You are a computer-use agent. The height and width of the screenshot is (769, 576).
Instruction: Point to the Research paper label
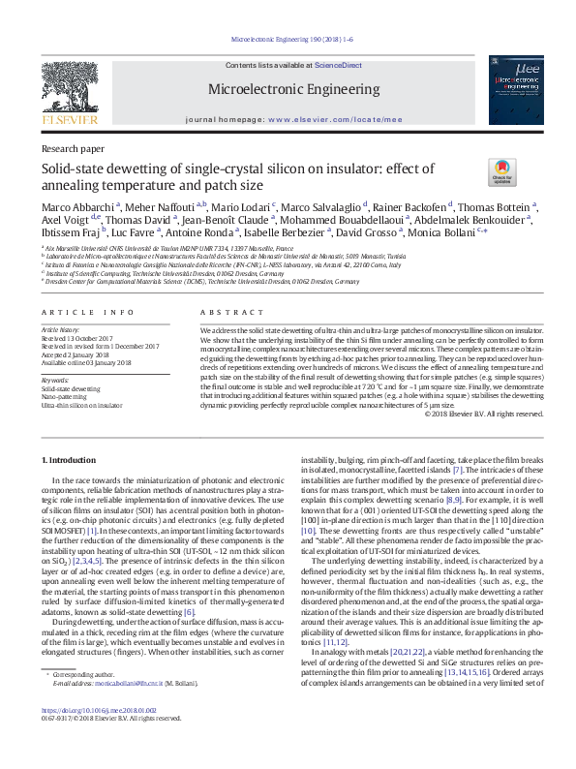[73, 148]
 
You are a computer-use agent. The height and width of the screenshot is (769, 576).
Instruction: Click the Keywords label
[55, 380]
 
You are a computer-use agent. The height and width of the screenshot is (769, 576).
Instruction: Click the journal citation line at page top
[288, 41]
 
